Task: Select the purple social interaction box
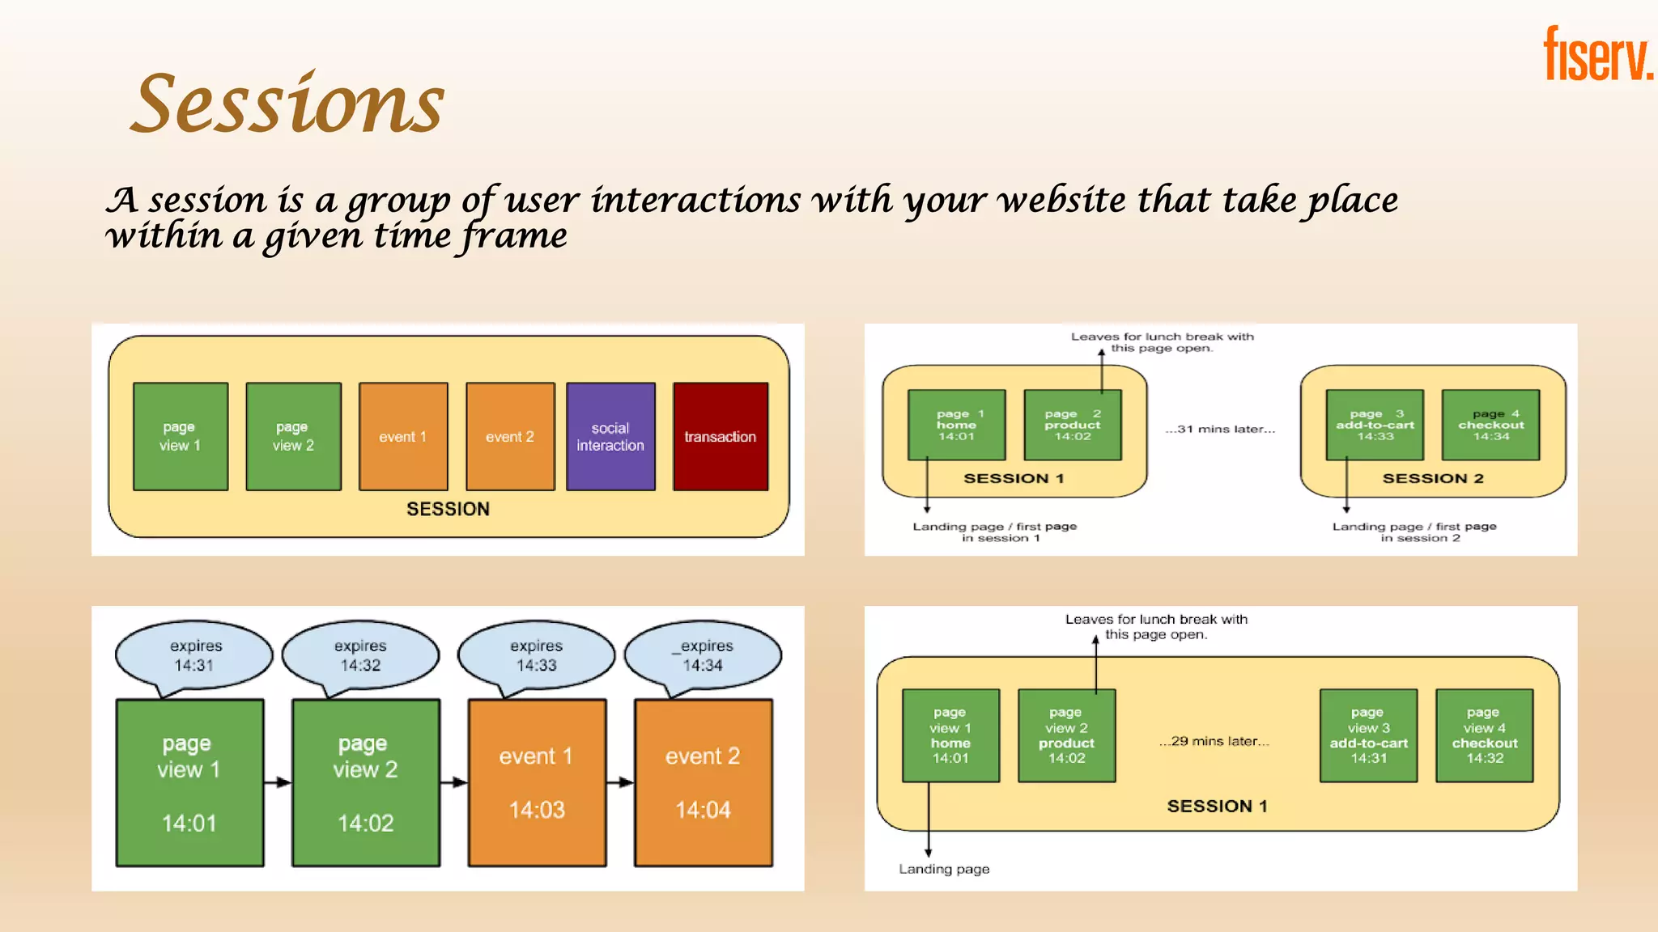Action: click(610, 436)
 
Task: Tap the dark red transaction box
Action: click(720, 436)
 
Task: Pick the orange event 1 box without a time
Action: click(403, 436)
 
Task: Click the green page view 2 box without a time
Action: click(293, 436)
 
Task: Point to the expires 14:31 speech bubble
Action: click(194, 655)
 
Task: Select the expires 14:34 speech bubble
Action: click(704, 655)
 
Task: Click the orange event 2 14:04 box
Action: click(703, 782)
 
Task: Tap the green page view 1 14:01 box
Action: click(189, 782)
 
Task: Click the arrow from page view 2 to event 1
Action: click(454, 782)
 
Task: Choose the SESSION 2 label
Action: click(1433, 478)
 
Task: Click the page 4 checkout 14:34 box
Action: click(1490, 425)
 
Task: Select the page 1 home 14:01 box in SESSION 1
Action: click(956, 425)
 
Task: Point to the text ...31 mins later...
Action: click(1220, 429)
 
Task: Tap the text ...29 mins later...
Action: click(1214, 741)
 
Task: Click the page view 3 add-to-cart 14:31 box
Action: click(1368, 735)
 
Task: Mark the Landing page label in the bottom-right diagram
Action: click(944, 869)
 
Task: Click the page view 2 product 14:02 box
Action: click(1066, 735)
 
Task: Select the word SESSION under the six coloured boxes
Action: click(448, 509)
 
